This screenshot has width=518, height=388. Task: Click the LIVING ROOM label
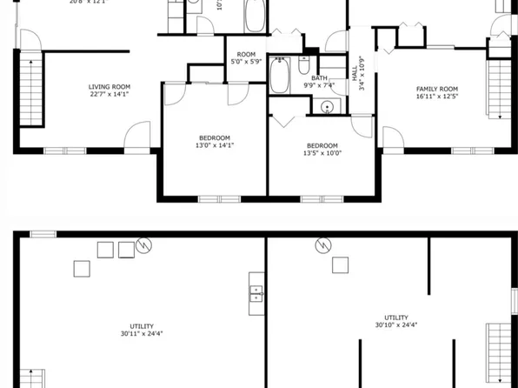tap(110, 86)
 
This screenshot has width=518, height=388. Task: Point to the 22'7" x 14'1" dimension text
tap(110, 95)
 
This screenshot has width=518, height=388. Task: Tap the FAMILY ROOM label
tap(436, 90)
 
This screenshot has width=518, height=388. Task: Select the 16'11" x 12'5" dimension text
tap(436, 98)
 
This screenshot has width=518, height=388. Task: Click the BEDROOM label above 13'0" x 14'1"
tap(215, 137)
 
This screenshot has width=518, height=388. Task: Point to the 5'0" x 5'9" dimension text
tap(247, 63)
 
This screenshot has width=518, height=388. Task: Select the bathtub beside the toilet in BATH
tap(281, 75)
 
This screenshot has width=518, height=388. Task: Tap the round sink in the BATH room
tap(327, 108)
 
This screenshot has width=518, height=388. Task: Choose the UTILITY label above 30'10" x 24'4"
tap(397, 318)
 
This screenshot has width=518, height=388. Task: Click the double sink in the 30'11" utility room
tap(256, 292)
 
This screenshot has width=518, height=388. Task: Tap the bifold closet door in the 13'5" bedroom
tap(282, 117)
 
